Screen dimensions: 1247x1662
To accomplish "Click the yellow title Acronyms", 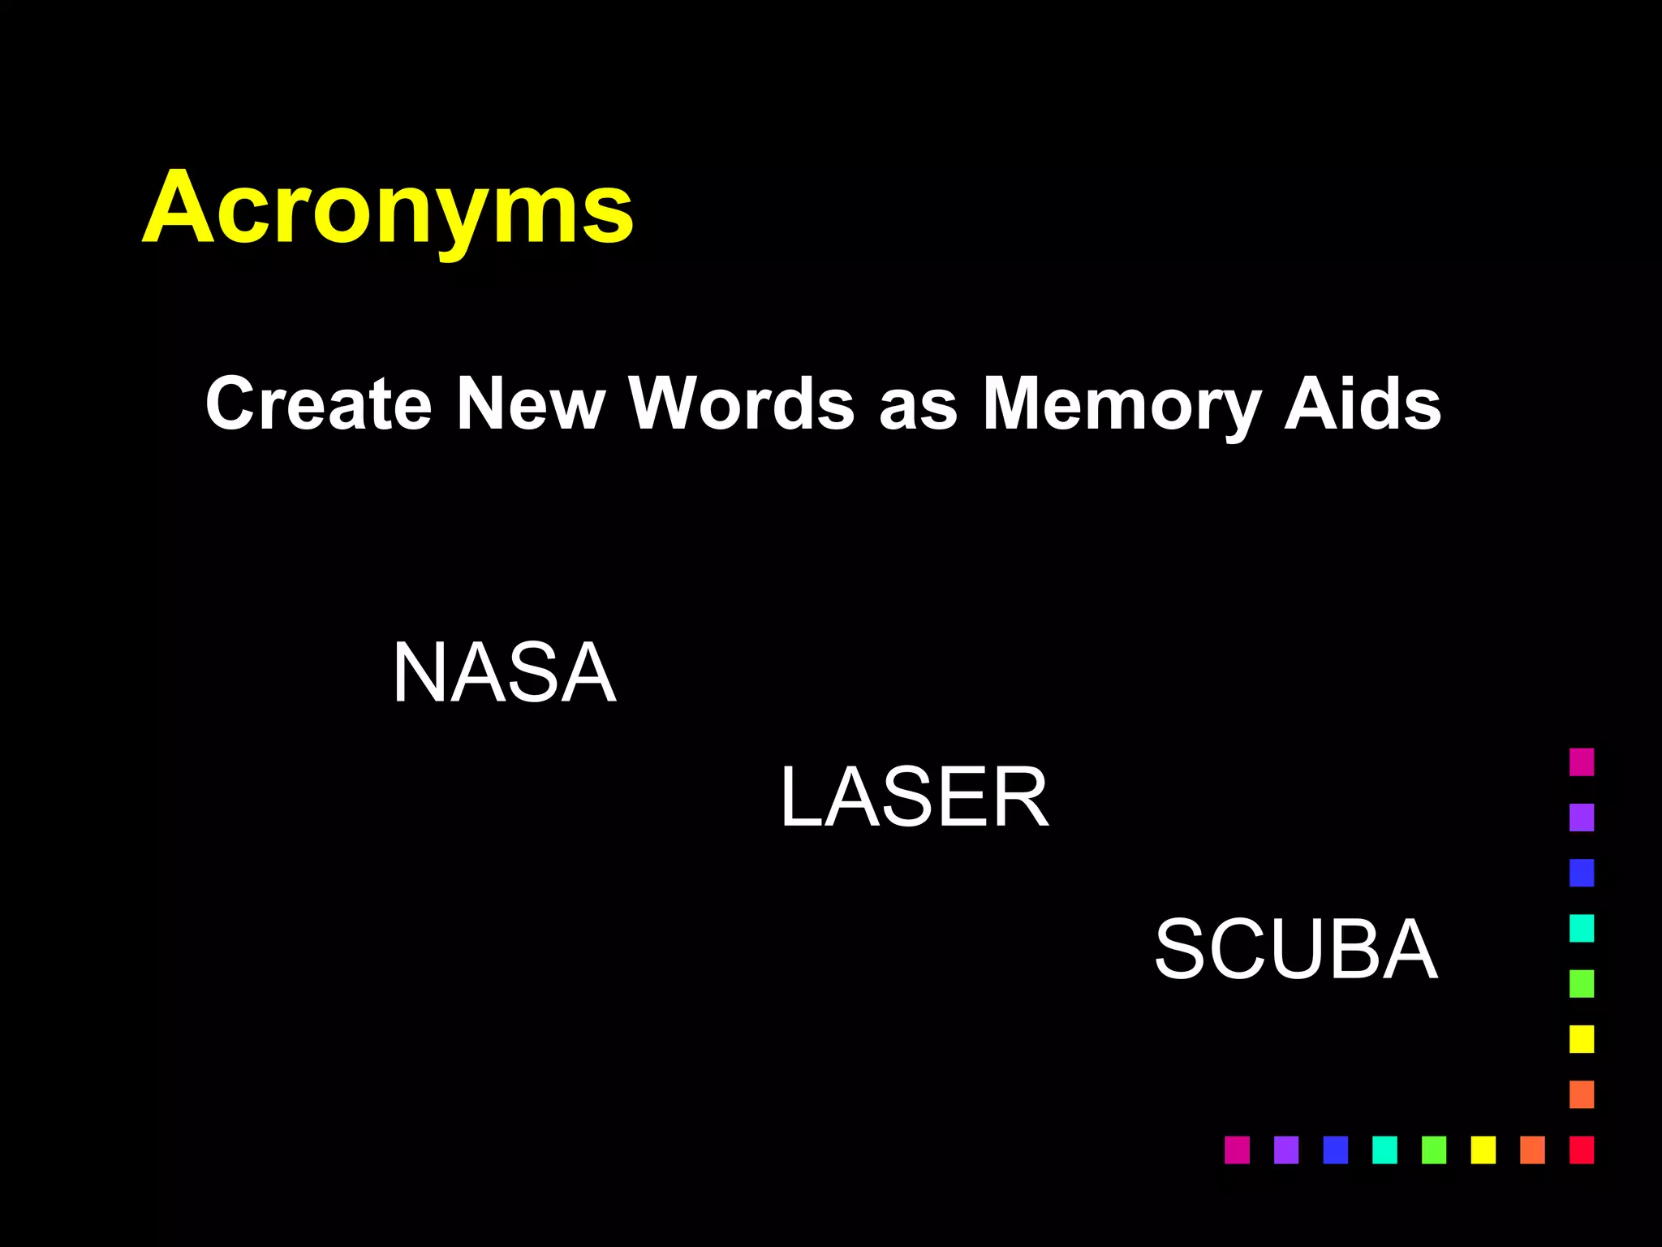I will point(388,208).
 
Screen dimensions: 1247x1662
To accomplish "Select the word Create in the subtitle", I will point(318,403).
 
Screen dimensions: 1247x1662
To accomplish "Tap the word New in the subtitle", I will point(530,403).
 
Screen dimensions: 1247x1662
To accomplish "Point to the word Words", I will point(742,403).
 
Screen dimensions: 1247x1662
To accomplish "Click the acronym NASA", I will point(504,672).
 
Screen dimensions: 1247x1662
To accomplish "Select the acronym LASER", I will point(914,798).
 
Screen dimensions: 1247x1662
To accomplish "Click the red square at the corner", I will point(1581,1150).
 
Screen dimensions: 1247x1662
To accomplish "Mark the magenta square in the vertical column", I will point(1581,762).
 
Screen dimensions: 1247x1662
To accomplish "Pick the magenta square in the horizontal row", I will point(1237,1150).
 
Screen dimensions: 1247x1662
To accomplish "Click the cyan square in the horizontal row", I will point(1384,1150).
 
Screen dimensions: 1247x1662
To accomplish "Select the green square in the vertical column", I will point(1581,983).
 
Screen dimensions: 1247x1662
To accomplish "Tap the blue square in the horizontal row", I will point(1335,1150).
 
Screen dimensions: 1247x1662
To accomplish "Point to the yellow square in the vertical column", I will point(1581,1038).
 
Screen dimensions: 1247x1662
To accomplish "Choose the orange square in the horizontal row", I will point(1532,1150).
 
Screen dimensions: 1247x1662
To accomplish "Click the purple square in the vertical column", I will point(1581,817).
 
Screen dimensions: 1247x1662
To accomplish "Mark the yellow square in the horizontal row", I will point(1483,1150).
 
